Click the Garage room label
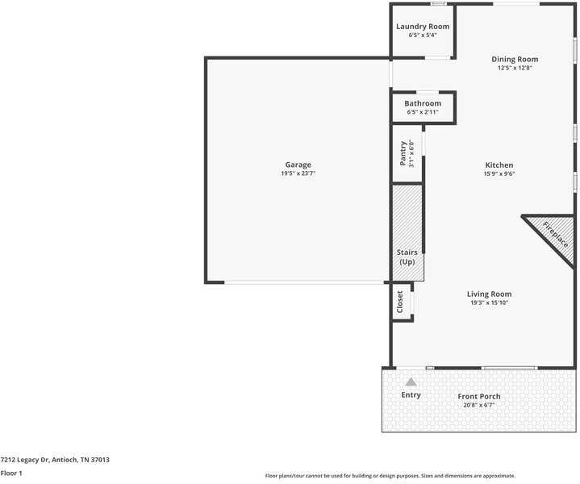tap(298, 165)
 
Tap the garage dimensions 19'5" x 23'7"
tap(298, 173)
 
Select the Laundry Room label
tap(423, 27)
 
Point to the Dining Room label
tap(515, 59)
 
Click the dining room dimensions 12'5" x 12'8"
tap(515, 69)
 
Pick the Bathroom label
tap(423, 103)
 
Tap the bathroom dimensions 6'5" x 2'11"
tap(423, 112)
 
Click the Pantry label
tap(403, 153)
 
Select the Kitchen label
tap(499, 165)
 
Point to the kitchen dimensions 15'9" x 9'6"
tap(499, 173)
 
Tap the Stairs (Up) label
tap(407, 257)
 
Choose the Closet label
tap(400, 302)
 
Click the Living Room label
tap(489, 294)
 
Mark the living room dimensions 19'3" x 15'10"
tap(489, 303)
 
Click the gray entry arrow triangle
tap(411, 382)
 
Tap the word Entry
tap(411, 394)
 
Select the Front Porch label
tap(479, 396)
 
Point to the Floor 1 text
tap(11, 474)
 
